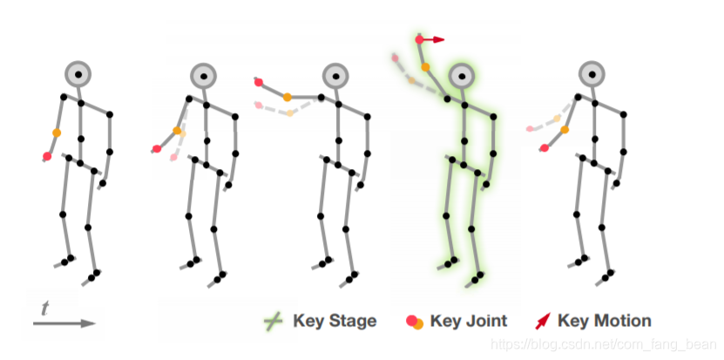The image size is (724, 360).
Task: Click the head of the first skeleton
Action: pyautogui.click(x=78, y=74)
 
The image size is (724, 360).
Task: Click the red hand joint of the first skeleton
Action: pyautogui.click(x=48, y=156)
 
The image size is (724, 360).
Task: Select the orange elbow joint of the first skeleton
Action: pyautogui.click(x=57, y=132)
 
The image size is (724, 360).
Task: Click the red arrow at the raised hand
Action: pyautogui.click(x=436, y=39)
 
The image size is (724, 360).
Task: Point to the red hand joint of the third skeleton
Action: pyautogui.click(x=259, y=82)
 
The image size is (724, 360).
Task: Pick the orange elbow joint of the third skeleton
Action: pyautogui.click(x=288, y=97)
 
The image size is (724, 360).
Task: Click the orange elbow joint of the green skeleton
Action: pyautogui.click(x=426, y=66)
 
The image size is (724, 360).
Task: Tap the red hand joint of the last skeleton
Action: pyautogui.click(x=544, y=148)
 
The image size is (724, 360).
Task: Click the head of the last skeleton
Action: pyautogui.click(x=592, y=74)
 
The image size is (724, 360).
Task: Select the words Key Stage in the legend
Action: pyautogui.click(x=335, y=321)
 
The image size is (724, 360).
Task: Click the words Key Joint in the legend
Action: pyautogui.click(x=469, y=321)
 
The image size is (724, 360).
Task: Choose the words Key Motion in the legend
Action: pyautogui.click(x=604, y=321)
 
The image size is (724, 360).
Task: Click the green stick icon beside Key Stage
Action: pyautogui.click(x=273, y=322)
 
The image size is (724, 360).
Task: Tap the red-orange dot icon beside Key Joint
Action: pyautogui.click(x=415, y=322)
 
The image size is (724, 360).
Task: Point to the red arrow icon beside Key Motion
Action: pyautogui.click(x=542, y=321)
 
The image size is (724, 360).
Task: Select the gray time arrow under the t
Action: pyautogui.click(x=64, y=323)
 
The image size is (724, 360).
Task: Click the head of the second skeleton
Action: pyautogui.click(x=203, y=76)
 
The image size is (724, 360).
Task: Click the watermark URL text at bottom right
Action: pyautogui.click(x=600, y=344)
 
